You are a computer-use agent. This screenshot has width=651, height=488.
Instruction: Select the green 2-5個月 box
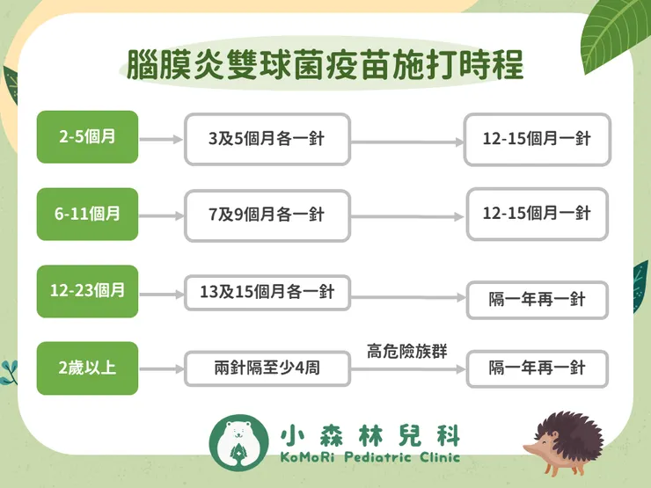(x=87, y=137)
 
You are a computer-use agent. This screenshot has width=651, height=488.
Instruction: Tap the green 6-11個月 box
(x=87, y=214)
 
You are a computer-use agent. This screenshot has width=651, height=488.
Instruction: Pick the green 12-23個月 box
(x=87, y=290)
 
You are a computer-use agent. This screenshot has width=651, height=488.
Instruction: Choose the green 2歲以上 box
(x=87, y=368)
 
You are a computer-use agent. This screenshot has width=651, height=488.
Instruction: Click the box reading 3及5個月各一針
(x=267, y=139)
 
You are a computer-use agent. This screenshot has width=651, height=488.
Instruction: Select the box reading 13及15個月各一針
(x=267, y=292)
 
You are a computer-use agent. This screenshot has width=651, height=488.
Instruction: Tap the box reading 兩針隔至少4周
(x=267, y=368)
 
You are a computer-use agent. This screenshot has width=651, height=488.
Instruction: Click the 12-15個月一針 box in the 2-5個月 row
(x=537, y=139)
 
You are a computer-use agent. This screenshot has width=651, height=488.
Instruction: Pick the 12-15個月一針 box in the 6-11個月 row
(x=537, y=214)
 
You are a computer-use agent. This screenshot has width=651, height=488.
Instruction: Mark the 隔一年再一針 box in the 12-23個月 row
(x=537, y=300)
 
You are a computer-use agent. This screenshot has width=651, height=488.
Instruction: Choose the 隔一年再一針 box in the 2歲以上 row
(x=537, y=368)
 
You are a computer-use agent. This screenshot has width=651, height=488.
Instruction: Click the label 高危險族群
(x=407, y=351)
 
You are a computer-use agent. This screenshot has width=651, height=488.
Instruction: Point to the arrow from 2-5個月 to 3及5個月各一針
(x=161, y=139)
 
